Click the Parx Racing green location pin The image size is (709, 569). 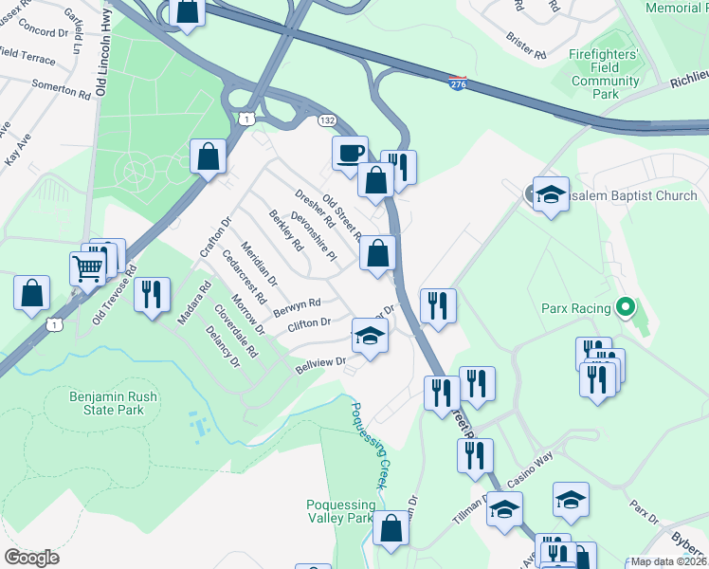pos(625,307)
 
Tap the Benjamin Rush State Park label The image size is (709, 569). pos(106,403)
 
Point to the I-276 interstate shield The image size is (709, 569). pos(458,84)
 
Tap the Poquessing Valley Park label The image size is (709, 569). pos(340,512)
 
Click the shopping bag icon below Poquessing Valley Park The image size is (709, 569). pos(391,528)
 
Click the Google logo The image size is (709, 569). pos(31,558)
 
